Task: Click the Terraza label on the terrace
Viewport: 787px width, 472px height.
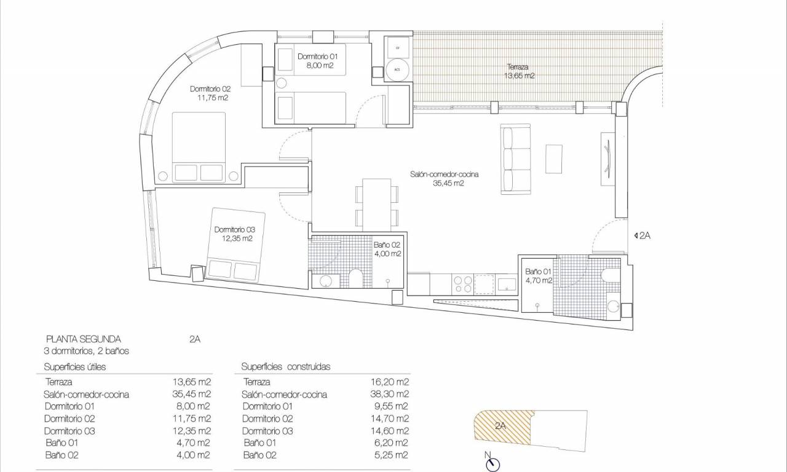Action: [x=518, y=67]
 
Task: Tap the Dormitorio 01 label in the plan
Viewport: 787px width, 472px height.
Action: [x=318, y=56]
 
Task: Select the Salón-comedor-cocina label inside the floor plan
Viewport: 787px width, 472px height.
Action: [x=444, y=174]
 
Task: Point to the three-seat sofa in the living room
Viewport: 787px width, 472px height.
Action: [x=515, y=159]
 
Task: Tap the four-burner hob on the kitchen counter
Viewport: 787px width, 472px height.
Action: [x=463, y=284]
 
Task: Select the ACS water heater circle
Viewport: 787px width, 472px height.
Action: [x=397, y=69]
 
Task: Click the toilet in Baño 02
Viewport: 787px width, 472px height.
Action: [x=355, y=278]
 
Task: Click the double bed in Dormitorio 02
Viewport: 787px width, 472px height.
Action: [x=199, y=147]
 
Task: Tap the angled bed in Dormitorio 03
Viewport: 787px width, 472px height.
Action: [x=235, y=245]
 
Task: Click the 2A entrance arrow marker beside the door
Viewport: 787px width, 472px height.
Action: [x=636, y=236]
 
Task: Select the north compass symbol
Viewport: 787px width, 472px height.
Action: [x=492, y=464]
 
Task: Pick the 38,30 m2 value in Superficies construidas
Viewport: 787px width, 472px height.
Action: [x=389, y=394]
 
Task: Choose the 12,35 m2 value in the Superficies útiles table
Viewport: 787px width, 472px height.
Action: [x=191, y=431]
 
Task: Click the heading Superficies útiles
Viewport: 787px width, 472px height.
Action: [x=75, y=367]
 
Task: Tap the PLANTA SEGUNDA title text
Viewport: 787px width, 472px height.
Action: [x=84, y=339]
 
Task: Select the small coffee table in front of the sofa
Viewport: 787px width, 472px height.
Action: [x=554, y=159]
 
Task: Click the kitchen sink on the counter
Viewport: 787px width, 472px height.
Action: [x=506, y=283]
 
